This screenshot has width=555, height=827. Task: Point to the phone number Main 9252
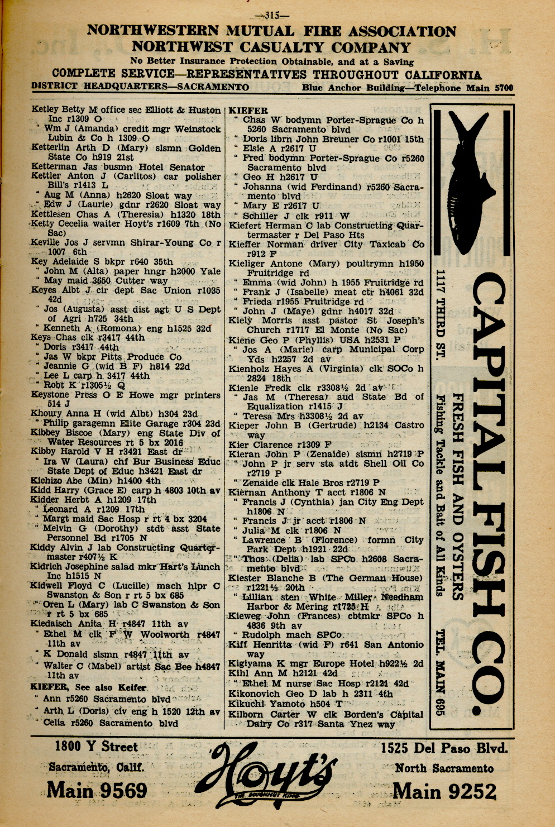[444, 791]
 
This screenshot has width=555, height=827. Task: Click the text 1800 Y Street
[96, 747]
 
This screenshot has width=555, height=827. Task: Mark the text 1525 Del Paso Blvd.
[444, 748]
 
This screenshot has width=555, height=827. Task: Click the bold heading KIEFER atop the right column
[248, 111]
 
